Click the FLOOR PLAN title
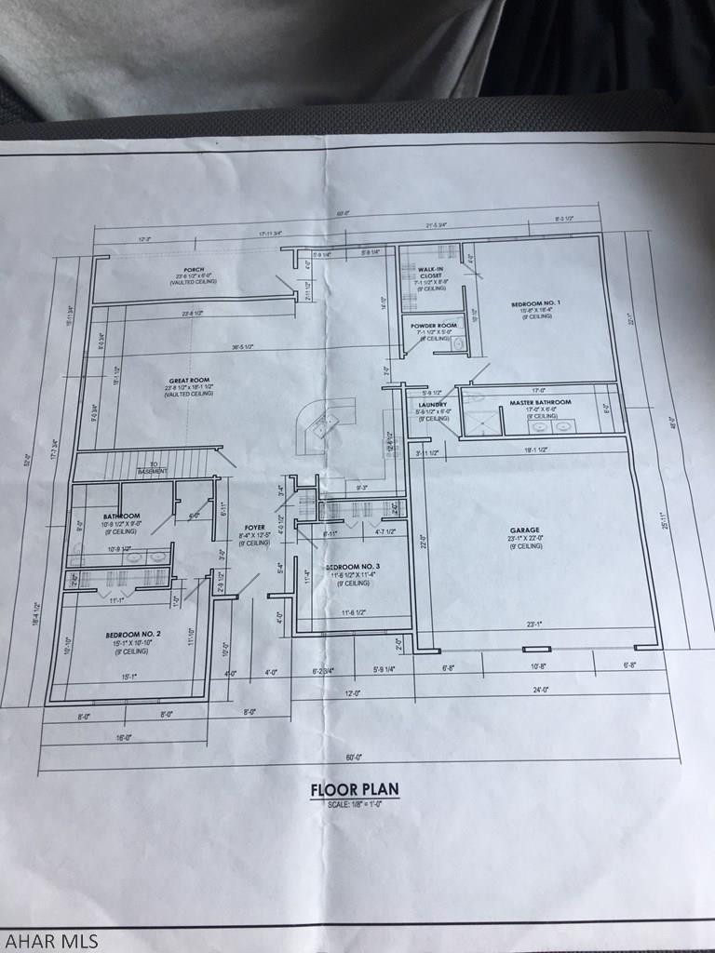click(354, 790)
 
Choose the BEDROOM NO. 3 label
click(352, 567)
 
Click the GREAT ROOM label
click(187, 380)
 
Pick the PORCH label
click(194, 270)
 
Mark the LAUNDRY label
click(433, 405)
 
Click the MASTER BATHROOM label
click(539, 403)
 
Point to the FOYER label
click(254, 528)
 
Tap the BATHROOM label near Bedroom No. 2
click(122, 516)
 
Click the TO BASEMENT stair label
click(152, 468)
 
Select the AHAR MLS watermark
click(49, 940)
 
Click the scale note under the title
click(354, 803)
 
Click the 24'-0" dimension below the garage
click(539, 690)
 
